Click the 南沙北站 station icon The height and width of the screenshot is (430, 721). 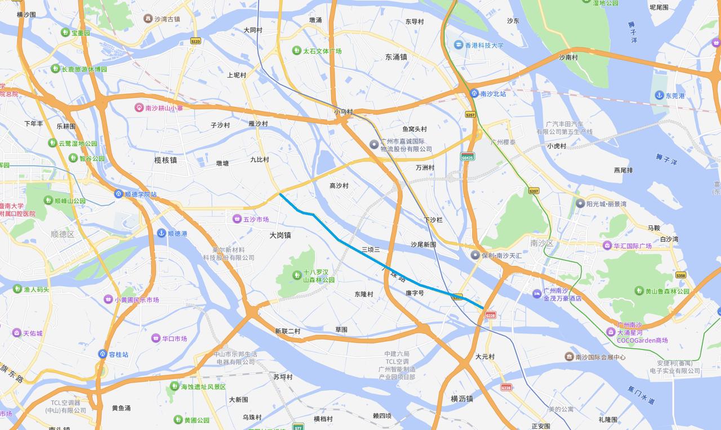[474, 94]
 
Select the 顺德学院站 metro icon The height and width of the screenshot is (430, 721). [119, 194]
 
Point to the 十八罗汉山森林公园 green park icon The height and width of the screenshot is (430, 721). [296, 275]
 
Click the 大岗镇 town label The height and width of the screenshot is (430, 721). [280, 236]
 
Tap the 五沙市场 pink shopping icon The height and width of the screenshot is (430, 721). [237, 219]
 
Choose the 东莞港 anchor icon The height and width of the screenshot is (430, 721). [659, 96]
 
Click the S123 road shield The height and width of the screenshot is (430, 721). [195, 41]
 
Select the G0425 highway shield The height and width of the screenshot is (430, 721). [467, 156]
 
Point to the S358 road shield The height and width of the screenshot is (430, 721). [680, 275]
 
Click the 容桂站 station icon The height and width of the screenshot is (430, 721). [103, 354]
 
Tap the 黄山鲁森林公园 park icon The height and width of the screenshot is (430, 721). [639, 291]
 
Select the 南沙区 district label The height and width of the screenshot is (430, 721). [542, 243]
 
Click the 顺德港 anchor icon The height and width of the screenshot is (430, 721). [161, 233]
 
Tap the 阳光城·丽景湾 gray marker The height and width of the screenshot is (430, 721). [580, 203]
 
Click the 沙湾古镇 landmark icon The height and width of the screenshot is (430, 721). [148, 19]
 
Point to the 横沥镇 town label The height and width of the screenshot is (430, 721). [462, 398]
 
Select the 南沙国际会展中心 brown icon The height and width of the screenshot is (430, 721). [569, 357]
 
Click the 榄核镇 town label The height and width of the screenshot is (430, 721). [166, 160]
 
